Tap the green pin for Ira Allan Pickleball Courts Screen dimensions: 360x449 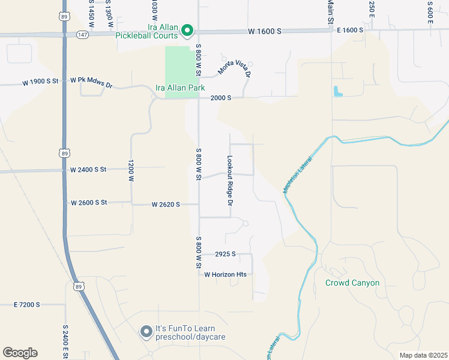click(187, 29)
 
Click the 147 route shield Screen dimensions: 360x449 click(82, 35)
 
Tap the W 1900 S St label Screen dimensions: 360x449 click(41, 81)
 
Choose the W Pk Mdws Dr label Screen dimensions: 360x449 click(91, 81)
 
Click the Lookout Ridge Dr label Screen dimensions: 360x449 click(229, 178)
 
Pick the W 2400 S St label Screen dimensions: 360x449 click(88, 170)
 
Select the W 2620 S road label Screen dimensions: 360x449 click(166, 205)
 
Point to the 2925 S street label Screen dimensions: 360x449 click(225, 254)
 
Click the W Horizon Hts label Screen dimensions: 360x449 click(226, 274)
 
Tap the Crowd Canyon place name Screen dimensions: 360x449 click(352, 283)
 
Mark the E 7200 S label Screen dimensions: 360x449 click(27, 305)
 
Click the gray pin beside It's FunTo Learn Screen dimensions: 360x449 click(146, 332)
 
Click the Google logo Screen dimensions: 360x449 click(20, 353)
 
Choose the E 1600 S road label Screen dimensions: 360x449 click(350, 30)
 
